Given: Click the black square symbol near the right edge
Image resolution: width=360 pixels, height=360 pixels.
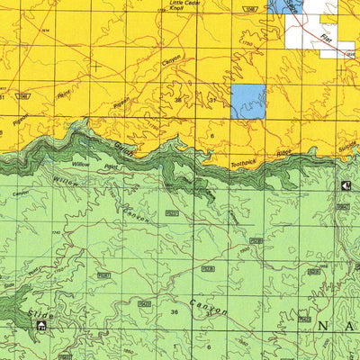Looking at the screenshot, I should coord(347,185).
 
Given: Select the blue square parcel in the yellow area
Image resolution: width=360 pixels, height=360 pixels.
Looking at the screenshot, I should coord(248,103).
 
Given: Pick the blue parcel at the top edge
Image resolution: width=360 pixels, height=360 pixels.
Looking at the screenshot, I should coord(288,5).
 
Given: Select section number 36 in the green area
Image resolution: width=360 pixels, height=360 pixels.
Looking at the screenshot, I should coord(174,311).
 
